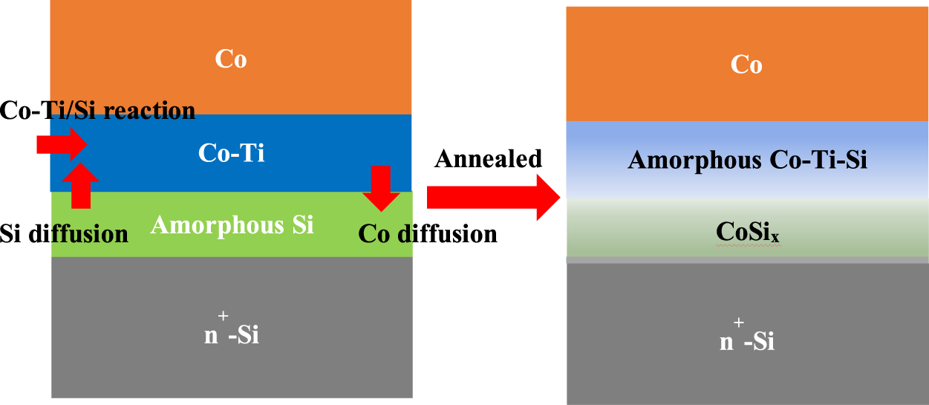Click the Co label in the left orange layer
pyautogui.click(x=231, y=59)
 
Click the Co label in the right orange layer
pyautogui.click(x=746, y=65)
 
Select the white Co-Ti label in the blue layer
pyautogui.click(x=231, y=153)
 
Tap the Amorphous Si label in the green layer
pyautogui.click(x=232, y=224)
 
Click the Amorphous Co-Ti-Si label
pyautogui.click(x=747, y=160)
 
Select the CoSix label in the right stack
pyautogui.click(x=747, y=232)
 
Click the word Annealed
pyautogui.click(x=489, y=158)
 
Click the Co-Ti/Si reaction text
pyautogui.click(x=97, y=111)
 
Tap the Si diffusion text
pyautogui.click(x=64, y=234)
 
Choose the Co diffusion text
pyautogui.click(x=427, y=234)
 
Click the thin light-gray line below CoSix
pyautogui.click(x=747, y=260)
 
